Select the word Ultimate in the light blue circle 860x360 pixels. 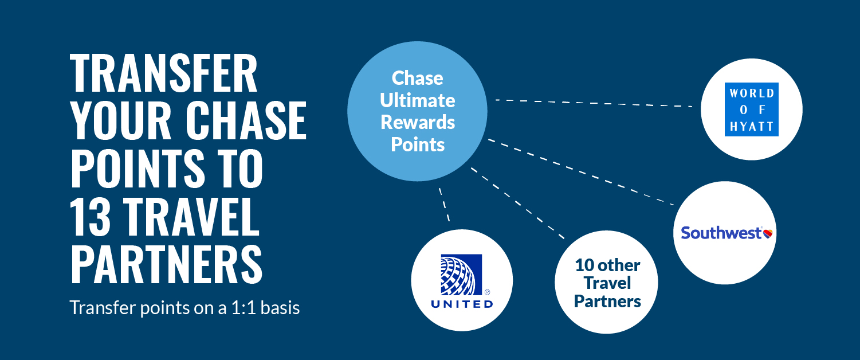[x=418, y=101]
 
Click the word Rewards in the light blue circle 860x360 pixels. [x=418, y=123]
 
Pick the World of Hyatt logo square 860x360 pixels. [x=752, y=109]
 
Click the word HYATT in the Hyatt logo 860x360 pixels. [x=752, y=127]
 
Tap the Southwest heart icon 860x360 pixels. [x=768, y=233]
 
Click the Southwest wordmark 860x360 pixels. [x=721, y=233]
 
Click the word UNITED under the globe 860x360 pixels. [x=462, y=304]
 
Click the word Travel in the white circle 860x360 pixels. [x=607, y=283]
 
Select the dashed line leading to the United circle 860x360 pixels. [x=444, y=205]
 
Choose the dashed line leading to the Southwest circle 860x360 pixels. [x=580, y=171]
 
